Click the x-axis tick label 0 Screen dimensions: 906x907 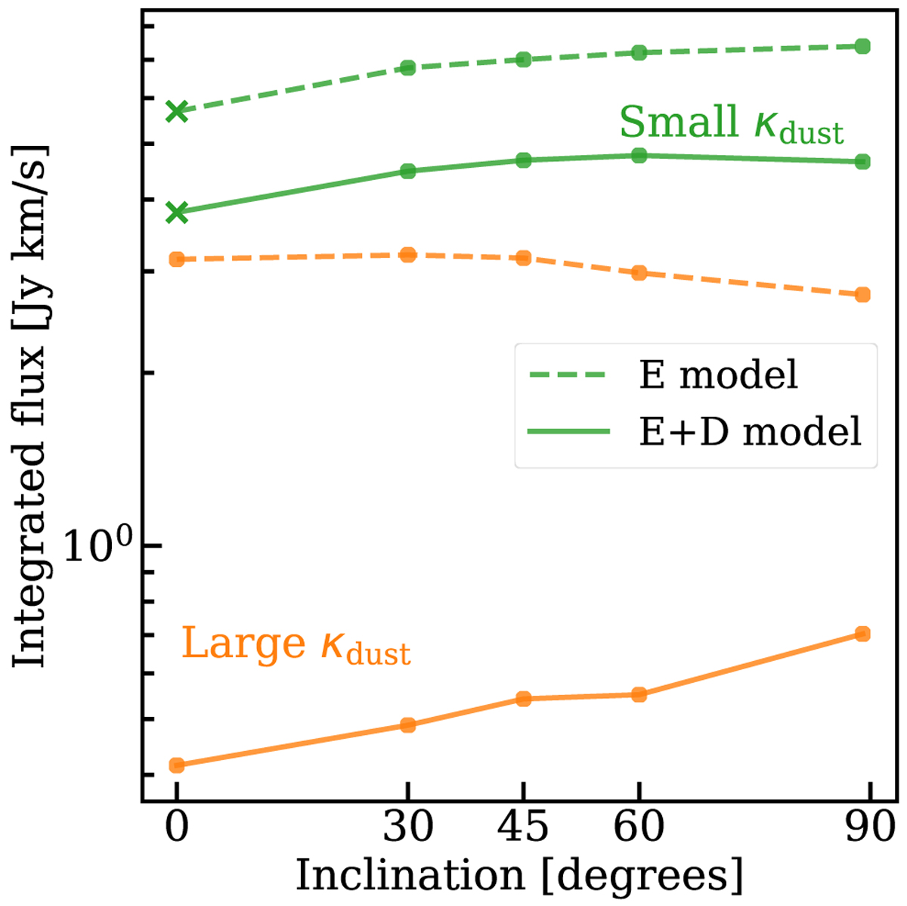(176, 827)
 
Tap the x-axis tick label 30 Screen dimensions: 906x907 (408, 827)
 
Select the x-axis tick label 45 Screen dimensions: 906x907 (523, 827)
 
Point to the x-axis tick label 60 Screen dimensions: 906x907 (639, 827)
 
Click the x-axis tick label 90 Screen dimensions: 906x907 (869, 827)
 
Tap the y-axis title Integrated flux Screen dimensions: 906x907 (30, 407)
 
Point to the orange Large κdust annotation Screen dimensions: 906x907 (296, 645)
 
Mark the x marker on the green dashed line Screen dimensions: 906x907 (177, 111)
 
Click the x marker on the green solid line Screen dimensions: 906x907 (177, 213)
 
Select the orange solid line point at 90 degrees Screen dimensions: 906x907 (862, 634)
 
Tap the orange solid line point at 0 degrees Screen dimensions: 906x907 (177, 765)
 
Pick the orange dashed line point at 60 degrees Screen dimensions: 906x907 (639, 272)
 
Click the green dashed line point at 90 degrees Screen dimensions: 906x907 (862, 47)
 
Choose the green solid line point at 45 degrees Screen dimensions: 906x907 (523, 160)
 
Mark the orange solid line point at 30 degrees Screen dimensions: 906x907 (408, 725)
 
